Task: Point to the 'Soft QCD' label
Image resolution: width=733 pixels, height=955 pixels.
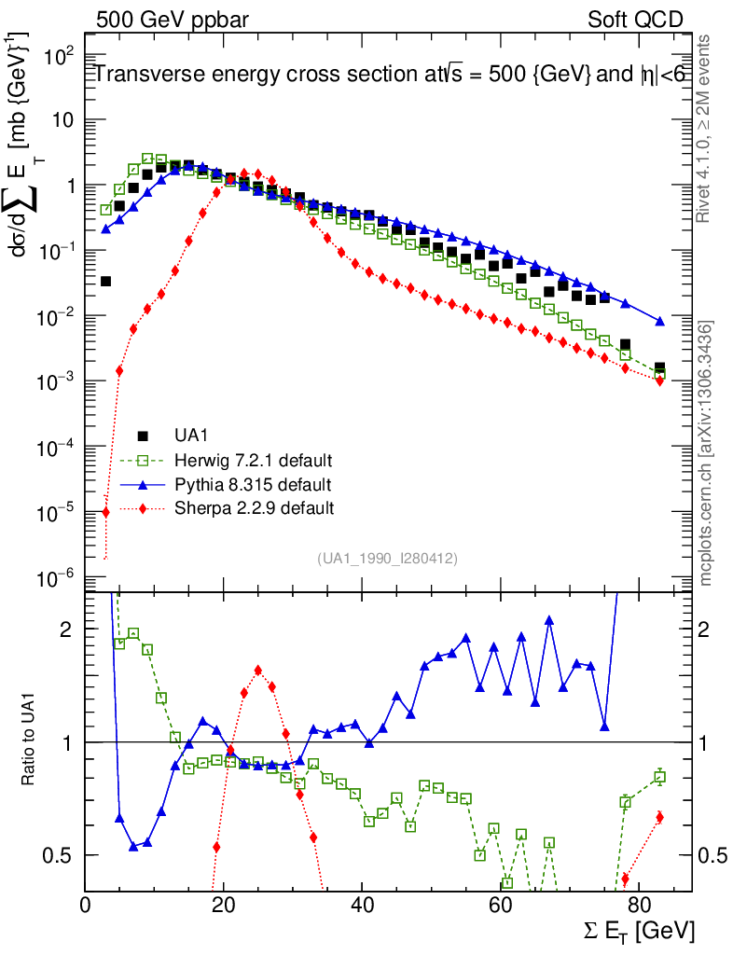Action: click(635, 19)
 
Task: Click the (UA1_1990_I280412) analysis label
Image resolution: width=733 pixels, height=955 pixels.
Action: click(387, 558)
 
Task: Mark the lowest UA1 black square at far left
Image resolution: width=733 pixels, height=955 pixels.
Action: click(105, 281)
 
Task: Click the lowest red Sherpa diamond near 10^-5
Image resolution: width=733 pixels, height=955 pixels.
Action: click(105, 511)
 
